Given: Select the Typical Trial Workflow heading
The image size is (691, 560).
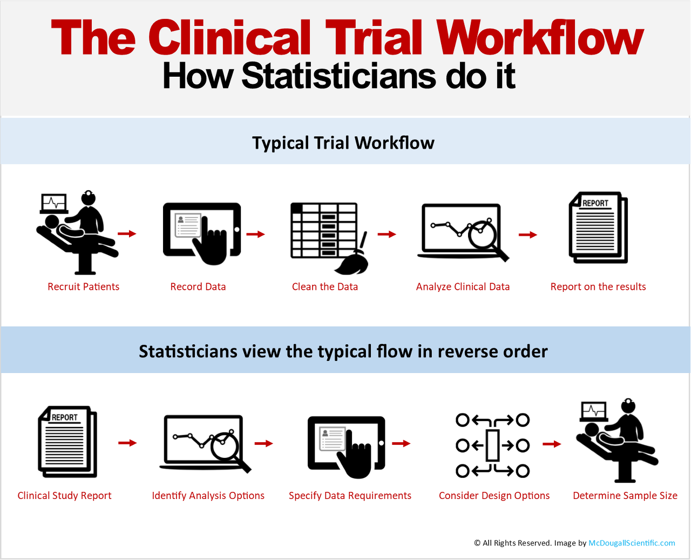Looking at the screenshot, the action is (x=343, y=143).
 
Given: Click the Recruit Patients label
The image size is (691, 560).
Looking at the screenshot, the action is (x=83, y=286).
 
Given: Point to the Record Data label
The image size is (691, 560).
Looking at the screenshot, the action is (x=198, y=286).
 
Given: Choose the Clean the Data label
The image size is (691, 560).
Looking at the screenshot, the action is (x=325, y=286).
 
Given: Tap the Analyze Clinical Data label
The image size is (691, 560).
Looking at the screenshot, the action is (x=463, y=286).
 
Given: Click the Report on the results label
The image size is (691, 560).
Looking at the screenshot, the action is (x=598, y=286).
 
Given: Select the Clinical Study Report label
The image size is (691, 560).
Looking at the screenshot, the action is (x=64, y=496).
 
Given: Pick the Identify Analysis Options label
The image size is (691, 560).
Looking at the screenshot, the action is (x=208, y=496).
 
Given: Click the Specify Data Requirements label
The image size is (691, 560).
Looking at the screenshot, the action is (x=350, y=496).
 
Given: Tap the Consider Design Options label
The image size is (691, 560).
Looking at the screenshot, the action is (x=494, y=496).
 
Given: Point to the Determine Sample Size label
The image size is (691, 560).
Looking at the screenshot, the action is (x=625, y=496).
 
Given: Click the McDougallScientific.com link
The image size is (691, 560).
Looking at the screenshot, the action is (x=632, y=543).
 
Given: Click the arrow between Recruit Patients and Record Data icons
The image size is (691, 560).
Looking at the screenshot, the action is (x=127, y=234).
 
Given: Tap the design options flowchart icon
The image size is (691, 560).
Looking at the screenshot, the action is (x=492, y=445).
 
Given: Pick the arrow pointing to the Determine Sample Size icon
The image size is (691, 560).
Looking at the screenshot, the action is (x=552, y=444).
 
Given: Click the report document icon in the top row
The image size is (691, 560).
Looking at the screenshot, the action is (x=598, y=227).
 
